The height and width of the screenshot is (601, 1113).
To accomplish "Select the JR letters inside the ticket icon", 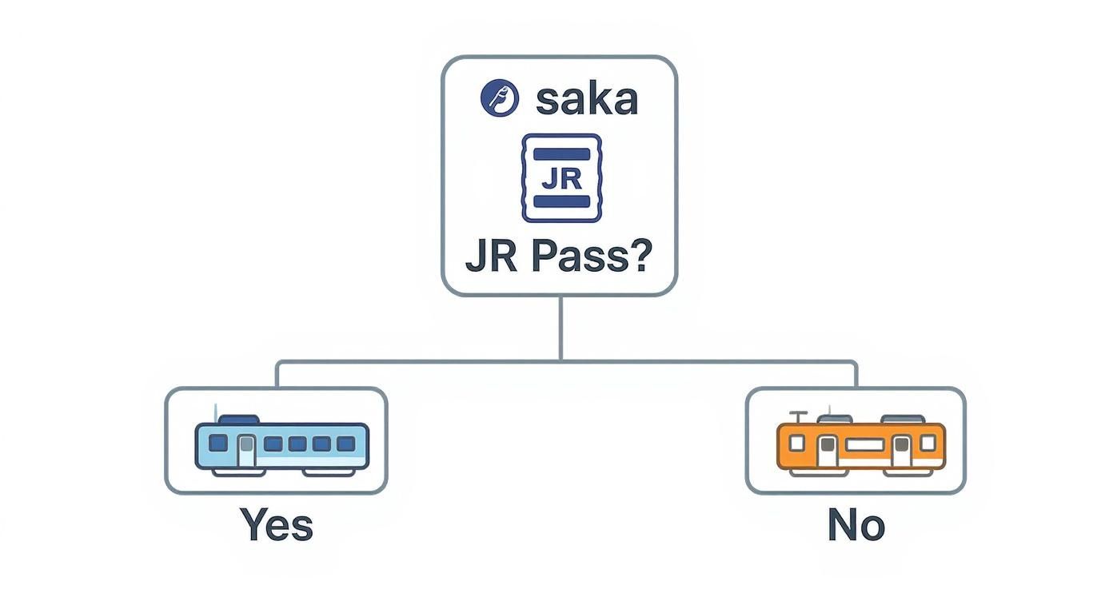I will (560, 178).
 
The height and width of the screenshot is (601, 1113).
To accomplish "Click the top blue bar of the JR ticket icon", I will (560, 153).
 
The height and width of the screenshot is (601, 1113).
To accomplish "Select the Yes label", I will (276, 526).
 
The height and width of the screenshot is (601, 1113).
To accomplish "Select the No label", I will (856, 526).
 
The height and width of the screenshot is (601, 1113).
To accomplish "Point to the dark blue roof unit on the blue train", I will (237, 419).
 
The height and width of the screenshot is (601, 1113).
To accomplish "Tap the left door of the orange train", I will (828, 450).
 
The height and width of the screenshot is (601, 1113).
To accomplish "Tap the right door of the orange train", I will (901, 450).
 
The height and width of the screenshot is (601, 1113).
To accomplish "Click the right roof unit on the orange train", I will (902, 419).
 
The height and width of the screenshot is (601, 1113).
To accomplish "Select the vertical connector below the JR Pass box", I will (560, 328).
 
